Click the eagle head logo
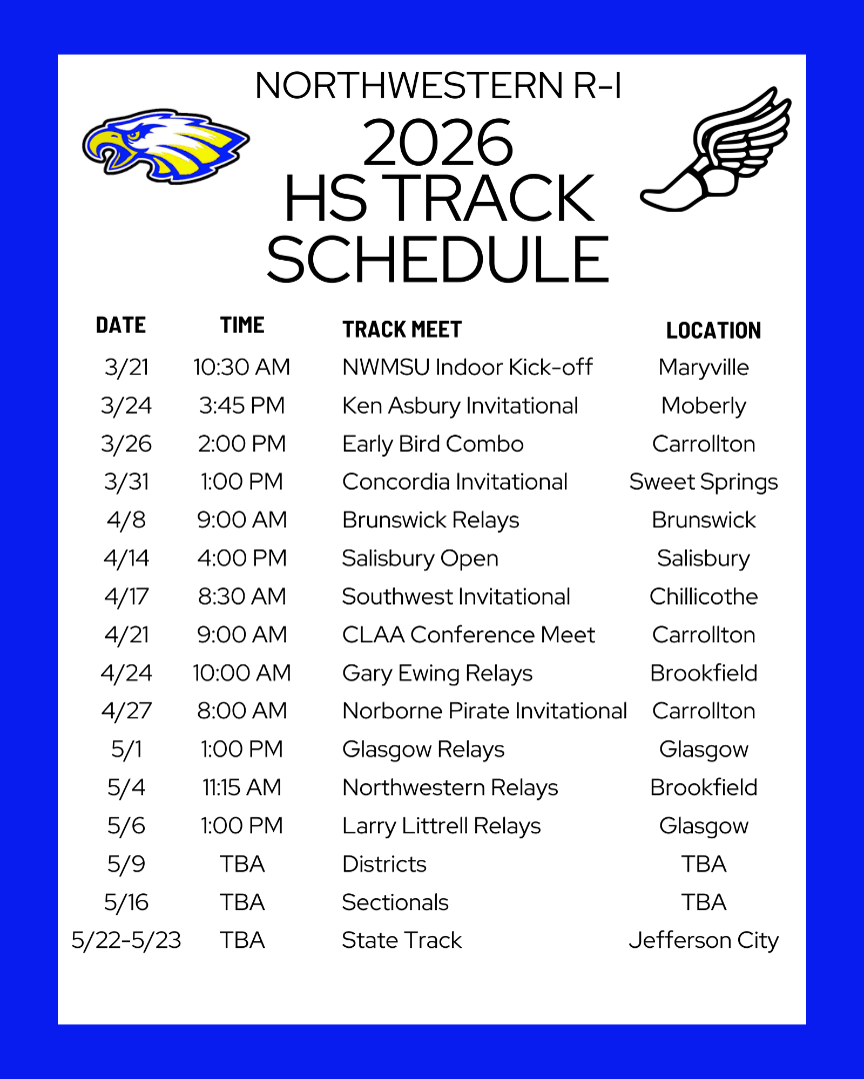point(165,146)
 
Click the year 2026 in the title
point(438,143)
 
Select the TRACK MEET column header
point(402,330)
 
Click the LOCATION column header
point(713,331)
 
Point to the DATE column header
point(121,325)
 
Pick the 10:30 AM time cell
point(241,367)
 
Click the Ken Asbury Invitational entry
point(460,406)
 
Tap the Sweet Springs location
point(703,483)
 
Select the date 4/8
point(126,520)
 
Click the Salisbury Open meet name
point(420,558)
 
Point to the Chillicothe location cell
point(703,595)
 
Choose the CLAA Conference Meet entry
point(469,634)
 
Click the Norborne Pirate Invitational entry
point(484,711)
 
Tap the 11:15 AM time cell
point(241,787)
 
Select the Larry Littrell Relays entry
point(441,826)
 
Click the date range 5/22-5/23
point(126,940)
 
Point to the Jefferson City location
point(703,941)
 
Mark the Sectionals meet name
point(395,902)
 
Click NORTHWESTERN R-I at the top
point(438,85)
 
